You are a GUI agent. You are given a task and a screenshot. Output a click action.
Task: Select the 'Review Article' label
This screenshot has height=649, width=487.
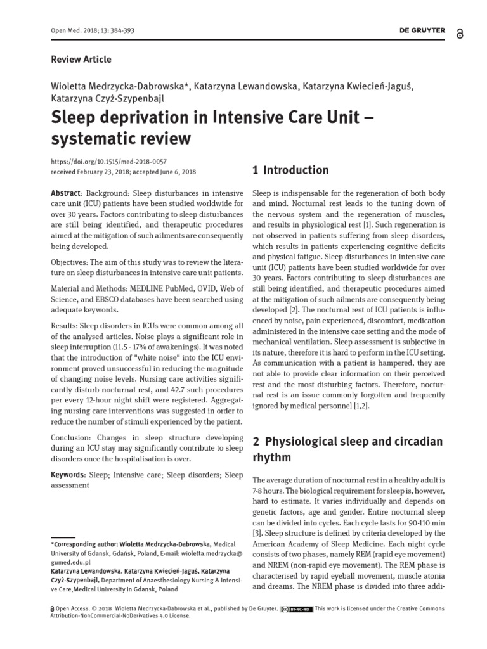81,59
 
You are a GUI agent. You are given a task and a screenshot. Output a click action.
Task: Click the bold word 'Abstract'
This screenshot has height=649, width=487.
65,193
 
